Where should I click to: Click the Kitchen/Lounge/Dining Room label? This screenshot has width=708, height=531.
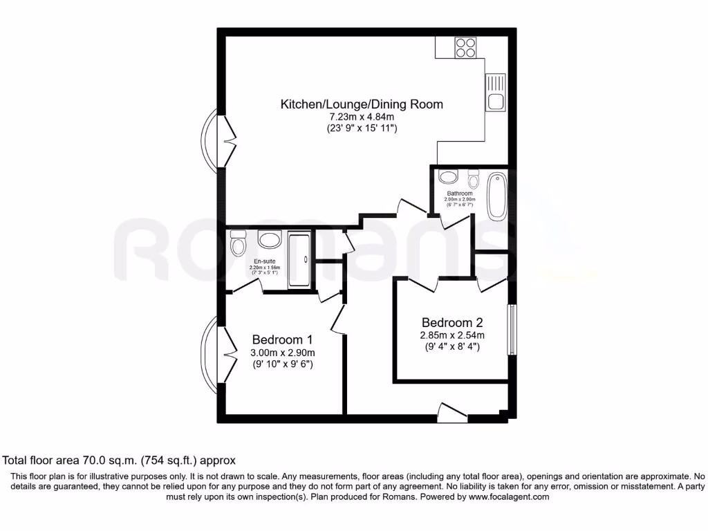click(361, 104)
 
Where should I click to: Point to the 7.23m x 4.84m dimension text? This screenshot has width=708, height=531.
click(361, 117)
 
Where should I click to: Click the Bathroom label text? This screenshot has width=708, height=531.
click(459, 194)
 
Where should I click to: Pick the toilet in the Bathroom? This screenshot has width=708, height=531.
click(474, 175)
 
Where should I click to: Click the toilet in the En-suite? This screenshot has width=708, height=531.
click(238, 243)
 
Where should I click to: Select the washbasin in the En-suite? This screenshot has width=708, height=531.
click(268, 240)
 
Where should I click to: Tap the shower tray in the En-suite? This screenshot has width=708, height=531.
click(299, 259)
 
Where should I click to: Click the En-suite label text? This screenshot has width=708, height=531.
click(263, 262)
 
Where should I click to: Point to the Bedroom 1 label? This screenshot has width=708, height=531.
click(282, 339)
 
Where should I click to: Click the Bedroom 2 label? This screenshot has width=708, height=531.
click(452, 322)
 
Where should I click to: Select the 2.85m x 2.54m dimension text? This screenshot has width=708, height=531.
click(452, 335)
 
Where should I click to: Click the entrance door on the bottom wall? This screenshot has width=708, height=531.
click(453, 413)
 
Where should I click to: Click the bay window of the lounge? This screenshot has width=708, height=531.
click(211, 139)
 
